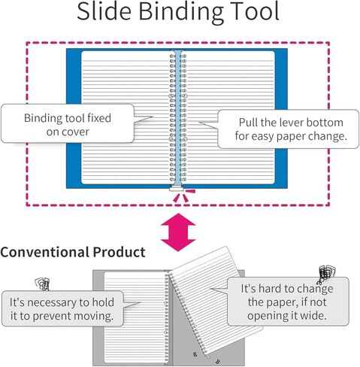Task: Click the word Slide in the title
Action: (x=104, y=11)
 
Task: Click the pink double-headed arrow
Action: (x=178, y=232)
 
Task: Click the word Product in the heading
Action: (x=119, y=252)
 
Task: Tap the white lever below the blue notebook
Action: (x=177, y=189)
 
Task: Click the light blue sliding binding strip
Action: (x=177, y=118)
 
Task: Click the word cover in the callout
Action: (x=75, y=132)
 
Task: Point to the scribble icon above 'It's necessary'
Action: (x=43, y=284)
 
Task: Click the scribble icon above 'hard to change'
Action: (x=326, y=274)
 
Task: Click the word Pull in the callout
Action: (x=248, y=123)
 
